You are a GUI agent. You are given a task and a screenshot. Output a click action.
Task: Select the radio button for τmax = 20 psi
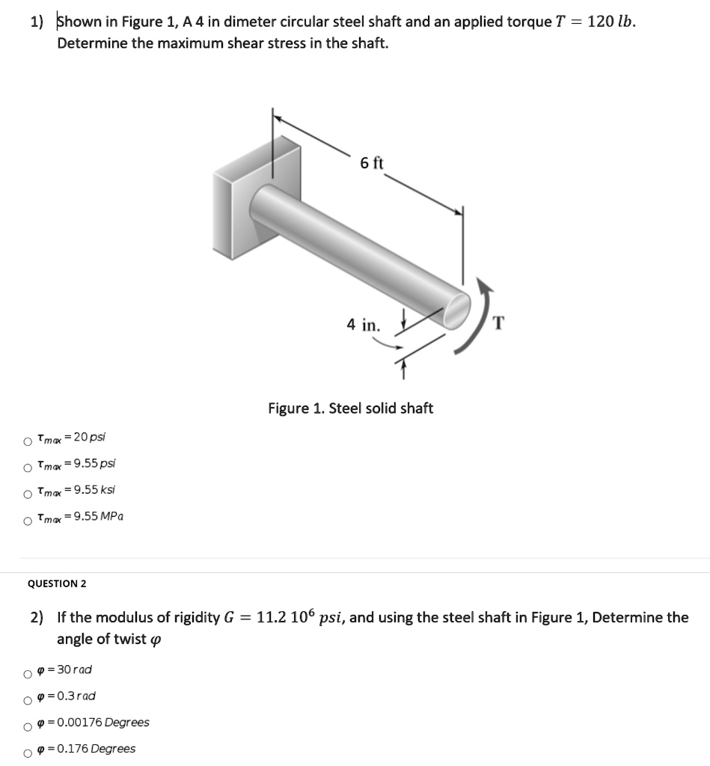pos(28,441)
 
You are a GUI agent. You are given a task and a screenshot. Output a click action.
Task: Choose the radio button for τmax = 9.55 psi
pos(28,468)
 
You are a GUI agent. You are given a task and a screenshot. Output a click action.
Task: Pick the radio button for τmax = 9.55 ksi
pos(28,494)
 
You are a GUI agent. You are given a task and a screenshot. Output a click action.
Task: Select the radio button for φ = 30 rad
pos(28,674)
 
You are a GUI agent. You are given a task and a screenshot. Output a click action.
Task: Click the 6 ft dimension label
pos(371,163)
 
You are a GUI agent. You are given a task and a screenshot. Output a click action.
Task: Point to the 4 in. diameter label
pos(363,325)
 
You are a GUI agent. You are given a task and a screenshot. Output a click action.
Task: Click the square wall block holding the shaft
pos(243,202)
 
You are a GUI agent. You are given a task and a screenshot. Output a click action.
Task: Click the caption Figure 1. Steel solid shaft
pos(350,408)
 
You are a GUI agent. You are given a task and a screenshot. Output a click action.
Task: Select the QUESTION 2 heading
pos(57,583)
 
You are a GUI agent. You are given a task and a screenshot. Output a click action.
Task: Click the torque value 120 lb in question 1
pos(612,21)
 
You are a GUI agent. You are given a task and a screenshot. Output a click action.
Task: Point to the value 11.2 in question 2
pos(269,618)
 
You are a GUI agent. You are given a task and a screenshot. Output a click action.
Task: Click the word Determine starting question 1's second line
pos(88,43)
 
